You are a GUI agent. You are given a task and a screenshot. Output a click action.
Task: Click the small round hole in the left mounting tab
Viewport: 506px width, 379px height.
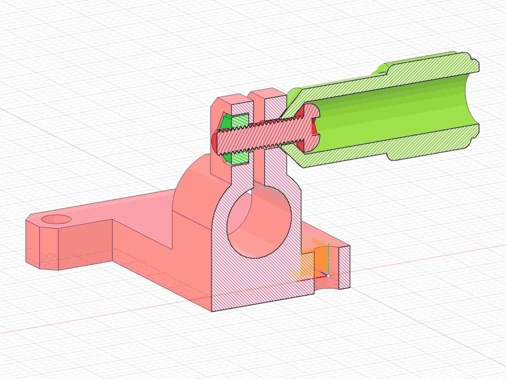point(57,220)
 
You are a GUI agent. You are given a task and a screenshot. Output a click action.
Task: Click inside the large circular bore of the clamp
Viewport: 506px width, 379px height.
point(254,225)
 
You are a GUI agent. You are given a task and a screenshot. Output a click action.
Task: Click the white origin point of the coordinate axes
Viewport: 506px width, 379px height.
point(328,275)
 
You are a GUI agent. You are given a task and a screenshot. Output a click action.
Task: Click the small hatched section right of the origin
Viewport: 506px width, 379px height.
point(344,266)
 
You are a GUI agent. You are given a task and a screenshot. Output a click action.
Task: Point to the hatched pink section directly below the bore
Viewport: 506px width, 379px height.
point(257,281)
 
